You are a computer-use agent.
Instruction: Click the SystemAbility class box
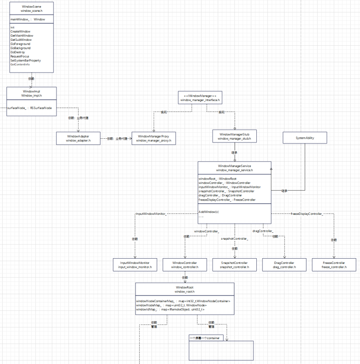[x=305, y=138]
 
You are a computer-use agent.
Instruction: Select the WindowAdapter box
[x=78, y=138]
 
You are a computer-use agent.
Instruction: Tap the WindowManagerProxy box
[x=153, y=138]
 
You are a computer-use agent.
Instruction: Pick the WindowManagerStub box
[x=234, y=136]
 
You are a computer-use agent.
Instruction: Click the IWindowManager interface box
[x=200, y=97]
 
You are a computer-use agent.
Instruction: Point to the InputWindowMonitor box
[x=135, y=265]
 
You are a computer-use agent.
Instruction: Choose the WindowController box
[x=184, y=265]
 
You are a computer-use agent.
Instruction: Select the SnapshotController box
[x=234, y=265]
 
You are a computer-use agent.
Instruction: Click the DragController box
[x=284, y=265]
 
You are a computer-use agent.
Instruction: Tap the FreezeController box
[x=334, y=265]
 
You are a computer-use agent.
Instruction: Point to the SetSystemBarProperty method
[x=25, y=60]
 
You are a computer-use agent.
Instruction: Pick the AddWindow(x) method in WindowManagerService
[x=209, y=212]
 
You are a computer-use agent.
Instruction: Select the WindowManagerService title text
[x=234, y=166]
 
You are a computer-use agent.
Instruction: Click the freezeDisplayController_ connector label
[x=307, y=213]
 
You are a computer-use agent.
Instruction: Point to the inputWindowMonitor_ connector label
[x=151, y=213]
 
